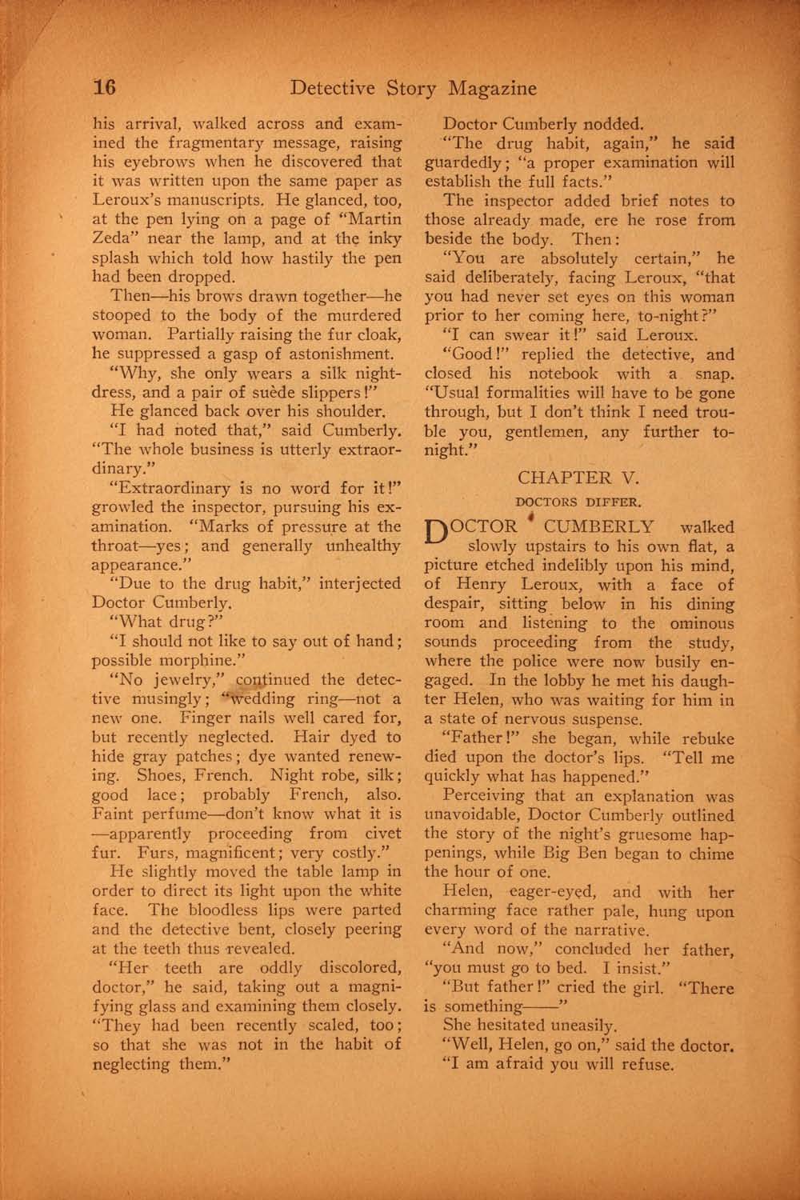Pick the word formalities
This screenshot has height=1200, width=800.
point(551,393)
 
